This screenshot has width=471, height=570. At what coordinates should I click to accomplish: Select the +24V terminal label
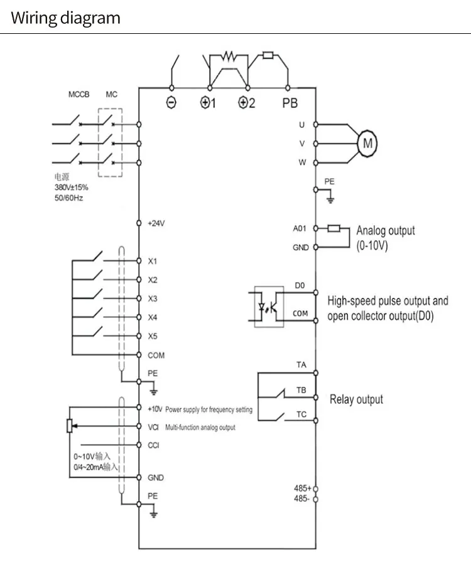[x=156, y=223]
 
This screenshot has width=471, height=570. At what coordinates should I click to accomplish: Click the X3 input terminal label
[x=153, y=298]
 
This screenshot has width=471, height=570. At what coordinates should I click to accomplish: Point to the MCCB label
[x=79, y=95]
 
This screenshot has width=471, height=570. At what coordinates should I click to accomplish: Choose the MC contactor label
[x=111, y=95]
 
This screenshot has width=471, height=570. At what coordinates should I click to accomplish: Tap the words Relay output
[x=356, y=399]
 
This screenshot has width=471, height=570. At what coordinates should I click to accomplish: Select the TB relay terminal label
[x=301, y=390]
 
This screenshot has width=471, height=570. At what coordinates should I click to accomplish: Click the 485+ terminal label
[x=302, y=488]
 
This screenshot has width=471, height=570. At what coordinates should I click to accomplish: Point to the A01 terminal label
[x=300, y=229]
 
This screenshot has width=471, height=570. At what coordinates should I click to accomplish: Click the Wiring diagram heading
[x=65, y=18]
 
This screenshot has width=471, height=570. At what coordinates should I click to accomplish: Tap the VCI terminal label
[x=153, y=427]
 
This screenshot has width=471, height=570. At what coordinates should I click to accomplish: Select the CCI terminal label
[x=153, y=445]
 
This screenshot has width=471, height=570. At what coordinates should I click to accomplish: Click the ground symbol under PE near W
[x=330, y=200]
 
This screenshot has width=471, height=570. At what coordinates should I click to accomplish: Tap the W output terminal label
[x=301, y=162]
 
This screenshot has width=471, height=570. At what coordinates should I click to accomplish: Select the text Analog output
[x=386, y=230]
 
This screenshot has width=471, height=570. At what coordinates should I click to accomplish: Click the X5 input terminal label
[x=153, y=336]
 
